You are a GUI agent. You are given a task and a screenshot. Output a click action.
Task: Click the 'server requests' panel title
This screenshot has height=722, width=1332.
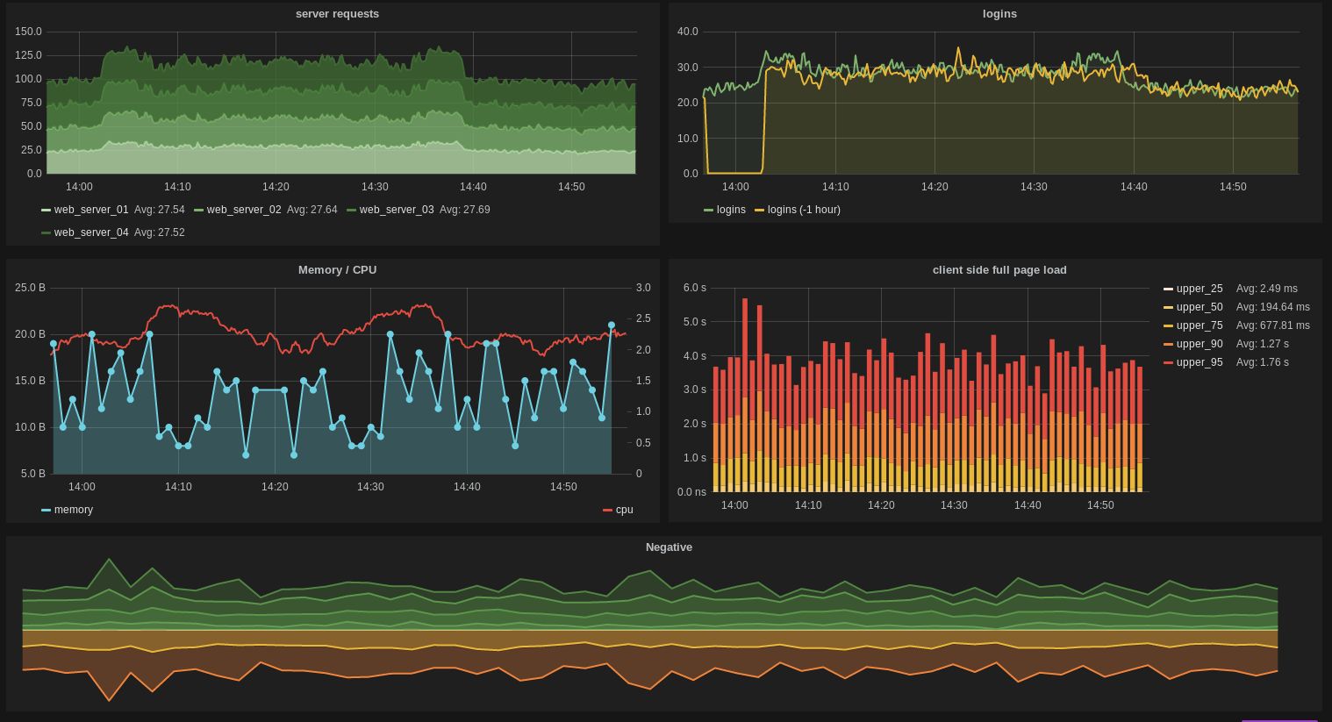pyautogui.click(x=337, y=14)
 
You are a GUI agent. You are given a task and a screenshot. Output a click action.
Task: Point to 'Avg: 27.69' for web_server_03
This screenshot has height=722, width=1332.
pyautogui.click(x=464, y=210)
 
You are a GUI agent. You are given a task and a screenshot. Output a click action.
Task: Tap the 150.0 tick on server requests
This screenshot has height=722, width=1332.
pyautogui.click(x=28, y=32)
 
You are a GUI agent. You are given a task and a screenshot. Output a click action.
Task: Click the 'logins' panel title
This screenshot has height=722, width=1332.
pyautogui.click(x=999, y=14)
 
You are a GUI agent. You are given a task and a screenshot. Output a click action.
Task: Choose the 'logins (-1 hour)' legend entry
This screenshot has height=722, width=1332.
pyautogui.click(x=803, y=210)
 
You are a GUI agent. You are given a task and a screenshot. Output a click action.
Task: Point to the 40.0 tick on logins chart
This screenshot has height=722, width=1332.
pyautogui.click(x=687, y=32)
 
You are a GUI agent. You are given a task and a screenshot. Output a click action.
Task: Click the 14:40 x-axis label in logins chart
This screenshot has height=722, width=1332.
pyautogui.click(x=1133, y=187)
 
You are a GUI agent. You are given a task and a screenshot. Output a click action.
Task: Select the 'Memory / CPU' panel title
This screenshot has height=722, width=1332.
pyautogui.click(x=337, y=270)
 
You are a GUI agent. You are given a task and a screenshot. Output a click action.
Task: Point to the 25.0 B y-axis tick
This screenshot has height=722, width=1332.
pyautogui.click(x=30, y=288)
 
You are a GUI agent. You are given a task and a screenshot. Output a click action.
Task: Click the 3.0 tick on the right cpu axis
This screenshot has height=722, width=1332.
pyautogui.click(x=643, y=288)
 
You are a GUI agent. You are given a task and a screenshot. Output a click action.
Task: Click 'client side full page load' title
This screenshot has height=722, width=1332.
pyautogui.click(x=999, y=270)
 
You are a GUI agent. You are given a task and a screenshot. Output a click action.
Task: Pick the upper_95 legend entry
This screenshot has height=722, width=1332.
pyautogui.click(x=1199, y=362)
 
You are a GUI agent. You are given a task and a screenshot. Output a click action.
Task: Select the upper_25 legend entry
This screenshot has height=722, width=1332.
pyautogui.click(x=1199, y=289)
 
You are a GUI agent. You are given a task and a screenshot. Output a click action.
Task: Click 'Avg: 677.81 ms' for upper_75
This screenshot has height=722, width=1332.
pyautogui.click(x=1272, y=325)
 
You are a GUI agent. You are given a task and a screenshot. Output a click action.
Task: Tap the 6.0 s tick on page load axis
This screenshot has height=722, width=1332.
pyautogui.click(x=694, y=288)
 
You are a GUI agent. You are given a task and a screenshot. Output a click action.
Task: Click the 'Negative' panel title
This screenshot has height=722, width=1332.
pyautogui.click(x=669, y=547)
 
